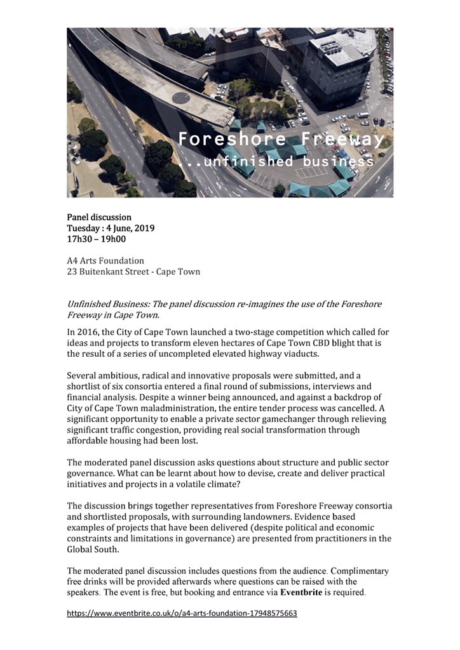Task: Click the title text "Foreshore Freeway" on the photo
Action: click(x=280, y=139)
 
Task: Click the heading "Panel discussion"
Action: click(x=99, y=218)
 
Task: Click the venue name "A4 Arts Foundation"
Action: click(x=105, y=260)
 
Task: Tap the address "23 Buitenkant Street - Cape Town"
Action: click(x=133, y=272)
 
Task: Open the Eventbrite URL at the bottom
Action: click(x=182, y=614)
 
